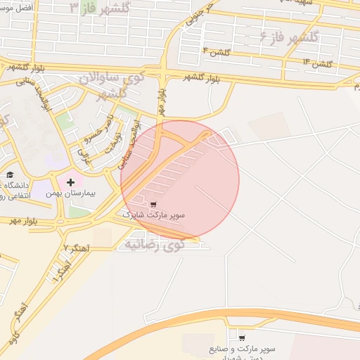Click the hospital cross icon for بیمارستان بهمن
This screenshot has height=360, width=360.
click(70, 183)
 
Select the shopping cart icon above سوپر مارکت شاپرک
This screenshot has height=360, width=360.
click(154, 204)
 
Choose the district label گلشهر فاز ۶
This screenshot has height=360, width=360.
click(289, 36)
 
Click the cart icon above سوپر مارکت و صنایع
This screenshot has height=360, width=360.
click(242, 337)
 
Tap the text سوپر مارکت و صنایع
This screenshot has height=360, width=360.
click(243, 349)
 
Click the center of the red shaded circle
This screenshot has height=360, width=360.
click(180, 180)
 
